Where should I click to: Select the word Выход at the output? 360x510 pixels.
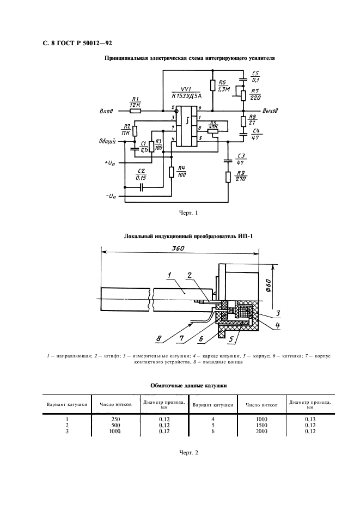click(270, 110)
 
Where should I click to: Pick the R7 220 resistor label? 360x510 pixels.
click(256, 94)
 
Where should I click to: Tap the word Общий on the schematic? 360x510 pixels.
click(107, 141)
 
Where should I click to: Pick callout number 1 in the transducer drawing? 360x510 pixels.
click(169, 274)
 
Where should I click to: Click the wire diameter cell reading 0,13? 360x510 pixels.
click(310, 418)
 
